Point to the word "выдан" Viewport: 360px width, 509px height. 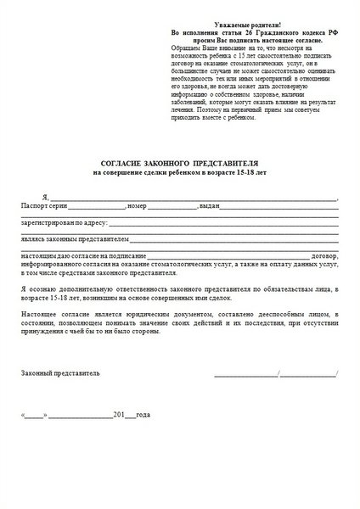(211, 206)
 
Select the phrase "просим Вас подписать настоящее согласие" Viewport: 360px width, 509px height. (233, 40)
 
